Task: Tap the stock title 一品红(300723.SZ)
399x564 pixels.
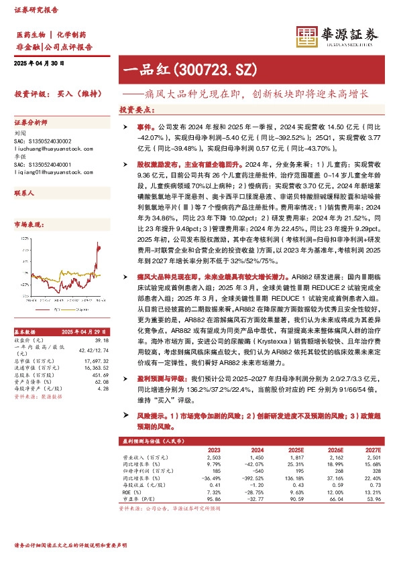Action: (x=180, y=69)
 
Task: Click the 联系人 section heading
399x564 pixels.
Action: (x=24, y=192)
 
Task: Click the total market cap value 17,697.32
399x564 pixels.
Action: (x=97, y=361)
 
